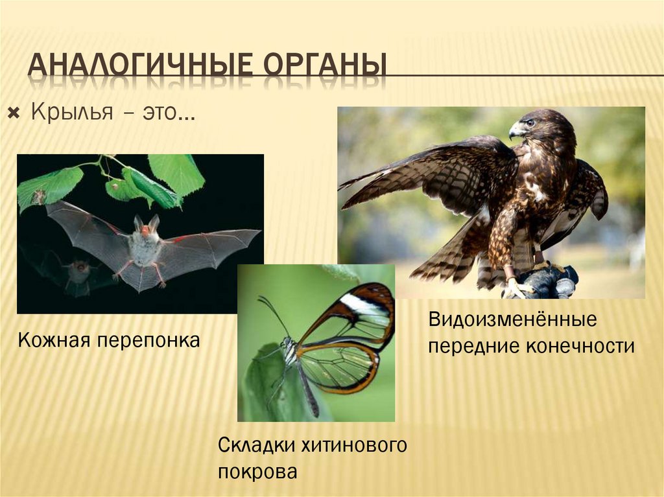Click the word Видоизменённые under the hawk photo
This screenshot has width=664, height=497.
(512, 320)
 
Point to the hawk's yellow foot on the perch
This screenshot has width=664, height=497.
(516, 288)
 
